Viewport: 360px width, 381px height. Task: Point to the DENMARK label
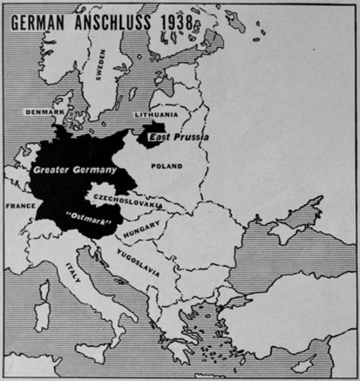(x=45, y=113)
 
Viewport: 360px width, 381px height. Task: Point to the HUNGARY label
(x=141, y=228)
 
